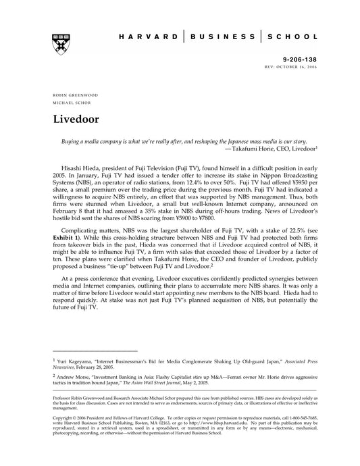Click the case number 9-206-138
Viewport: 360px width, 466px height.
(298, 59)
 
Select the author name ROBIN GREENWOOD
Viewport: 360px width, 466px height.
(72, 95)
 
